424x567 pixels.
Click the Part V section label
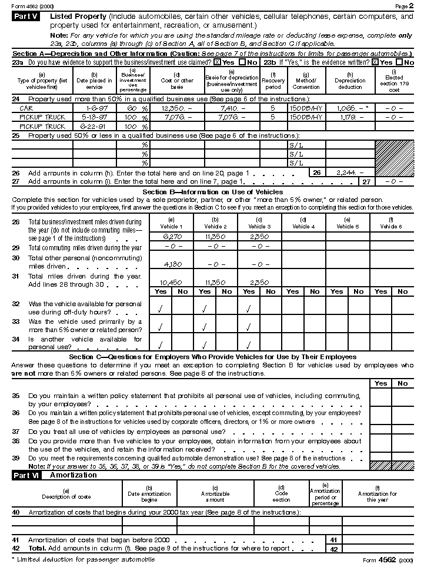[x=27, y=16]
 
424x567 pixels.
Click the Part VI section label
[x=27, y=475]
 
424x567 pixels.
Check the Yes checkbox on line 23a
[x=217, y=62]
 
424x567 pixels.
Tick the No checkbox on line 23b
[x=400, y=62]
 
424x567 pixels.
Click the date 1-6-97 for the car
[x=94, y=109]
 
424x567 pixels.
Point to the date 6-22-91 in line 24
[x=94, y=127]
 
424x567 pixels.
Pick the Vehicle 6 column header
[x=392, y=224]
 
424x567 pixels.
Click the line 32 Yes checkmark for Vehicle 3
[x=249, y=307]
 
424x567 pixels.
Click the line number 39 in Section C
[x=16, y=458]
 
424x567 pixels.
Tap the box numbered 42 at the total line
[x=333, y=549]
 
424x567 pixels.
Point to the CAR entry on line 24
[x=26, y=109]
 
